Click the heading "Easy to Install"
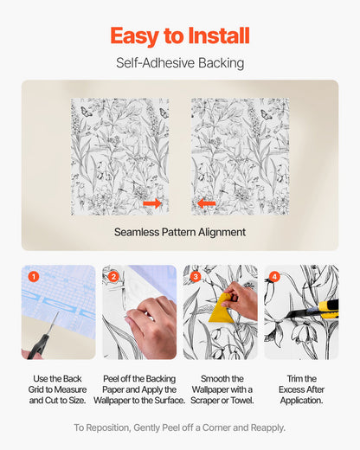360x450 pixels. pos(180,35)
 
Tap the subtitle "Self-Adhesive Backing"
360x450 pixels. pos(180,63)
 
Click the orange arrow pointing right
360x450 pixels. pos(152,203)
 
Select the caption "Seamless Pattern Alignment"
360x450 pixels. pos(180,232)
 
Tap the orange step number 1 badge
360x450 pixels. pos(34,277)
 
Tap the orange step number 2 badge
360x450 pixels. pos(114,277)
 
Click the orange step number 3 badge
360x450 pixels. pos(196,277)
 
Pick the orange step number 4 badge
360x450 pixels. pos(275,277)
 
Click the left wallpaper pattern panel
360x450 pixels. pos(119,156)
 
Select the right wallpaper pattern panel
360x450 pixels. pos(240,156)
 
